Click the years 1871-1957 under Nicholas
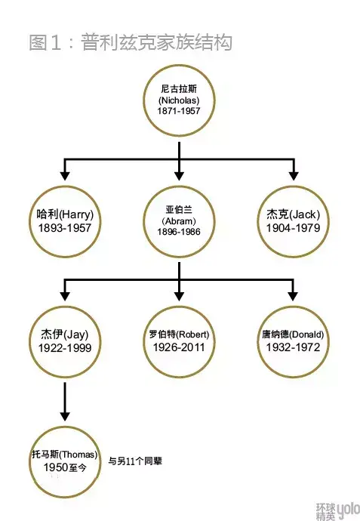(179, 111)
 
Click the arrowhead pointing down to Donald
(293, 296)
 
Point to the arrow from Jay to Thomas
(65, 402)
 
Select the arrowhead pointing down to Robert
(179, 296)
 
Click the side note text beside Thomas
(135, 461)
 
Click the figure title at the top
(130, 42)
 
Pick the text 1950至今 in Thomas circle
(65, 467)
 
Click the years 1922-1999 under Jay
(65, 348)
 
